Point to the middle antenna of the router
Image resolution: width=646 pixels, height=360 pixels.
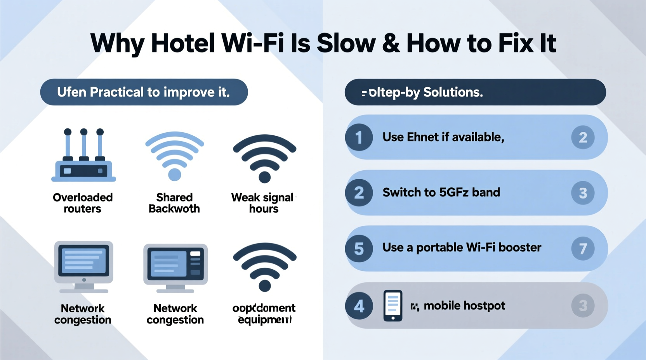pyautogui.click(x=84, y=144)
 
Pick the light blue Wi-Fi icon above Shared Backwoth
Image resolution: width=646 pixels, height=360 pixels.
pyautogui.click(x=175, y=156)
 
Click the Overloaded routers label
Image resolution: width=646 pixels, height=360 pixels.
pyautogui.click(x=83, y=203)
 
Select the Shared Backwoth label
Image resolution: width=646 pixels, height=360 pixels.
pyautogui.click(x=174, y=203)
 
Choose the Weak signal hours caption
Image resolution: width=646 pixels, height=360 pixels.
pyautogui.click(x=263, y=203)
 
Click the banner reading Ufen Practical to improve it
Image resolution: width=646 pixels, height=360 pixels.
pyautogui.click(x=144, y=92)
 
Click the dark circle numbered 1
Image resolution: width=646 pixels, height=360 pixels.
pyautogui.click(x=359, y=137)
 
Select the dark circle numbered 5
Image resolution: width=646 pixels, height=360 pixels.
pyautogui.click(x=359, y=248)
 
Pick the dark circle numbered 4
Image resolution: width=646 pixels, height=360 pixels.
pyautogui.click(x=359, y=306)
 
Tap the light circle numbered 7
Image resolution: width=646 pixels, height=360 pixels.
pyautogui.click(x=583, y=248)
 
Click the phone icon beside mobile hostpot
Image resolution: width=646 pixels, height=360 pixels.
pyautogui.click(x=393, y=306)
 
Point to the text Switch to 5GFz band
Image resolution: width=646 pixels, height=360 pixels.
pyautogui.click(x=441, y=192)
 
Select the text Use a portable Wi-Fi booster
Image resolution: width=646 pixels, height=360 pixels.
pyautogui.click(x=462, y=247)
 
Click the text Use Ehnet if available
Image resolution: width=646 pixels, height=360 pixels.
pyautogui.click(x=443, y=137)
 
